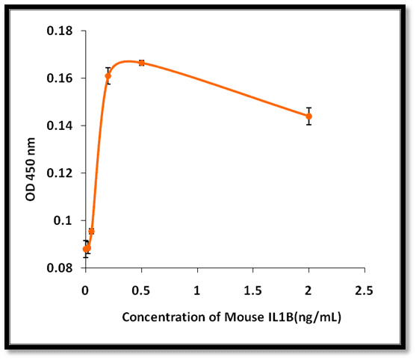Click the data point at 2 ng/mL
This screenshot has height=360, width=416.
pyautogui.click(x=308, y=117)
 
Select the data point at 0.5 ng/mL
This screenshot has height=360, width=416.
pyautogui.click(x=142, y=63)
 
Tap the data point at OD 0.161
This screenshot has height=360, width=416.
pyautogui.click(x=108, y=76)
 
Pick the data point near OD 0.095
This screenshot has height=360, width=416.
pyautogui.click(x=92, y=232)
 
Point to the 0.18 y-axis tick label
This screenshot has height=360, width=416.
pyautogui.click(x=60, y=31)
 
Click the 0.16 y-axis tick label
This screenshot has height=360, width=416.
pyautogui.click(x=60, y=78)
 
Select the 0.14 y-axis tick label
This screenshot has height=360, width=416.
pyautogui.click(x=60, y=125)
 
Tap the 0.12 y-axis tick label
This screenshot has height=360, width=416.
pyautogui.click(x=60, y=173)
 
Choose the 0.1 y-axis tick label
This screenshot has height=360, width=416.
pyautogui.click(x=63, y=220)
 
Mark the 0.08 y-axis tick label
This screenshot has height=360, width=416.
pyautogui.click(x=60, y=268)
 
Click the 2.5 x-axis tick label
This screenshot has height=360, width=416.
pyautogui.click(x=364, y=291)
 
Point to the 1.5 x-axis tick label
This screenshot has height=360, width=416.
pyautogui.click(x=252, y=291)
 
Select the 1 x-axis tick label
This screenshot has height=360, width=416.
pyautogui.click(x=196, y=291)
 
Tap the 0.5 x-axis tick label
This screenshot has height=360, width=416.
pyautogui.click(x=141, y=291)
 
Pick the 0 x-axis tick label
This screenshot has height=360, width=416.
pyautogui.click(x=85, y=291)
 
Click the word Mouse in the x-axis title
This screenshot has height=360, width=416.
pyautogui.click(x=243, y=317)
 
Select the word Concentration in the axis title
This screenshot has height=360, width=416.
pyautogui.click(x=164, y=317)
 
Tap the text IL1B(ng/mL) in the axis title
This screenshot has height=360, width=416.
pyautogui.click(x=305, y=317)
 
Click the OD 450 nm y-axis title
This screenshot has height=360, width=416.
pyautogui.click(x=31, y=170)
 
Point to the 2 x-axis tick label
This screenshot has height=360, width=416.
pyautogui.click(x=308, y=291)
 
